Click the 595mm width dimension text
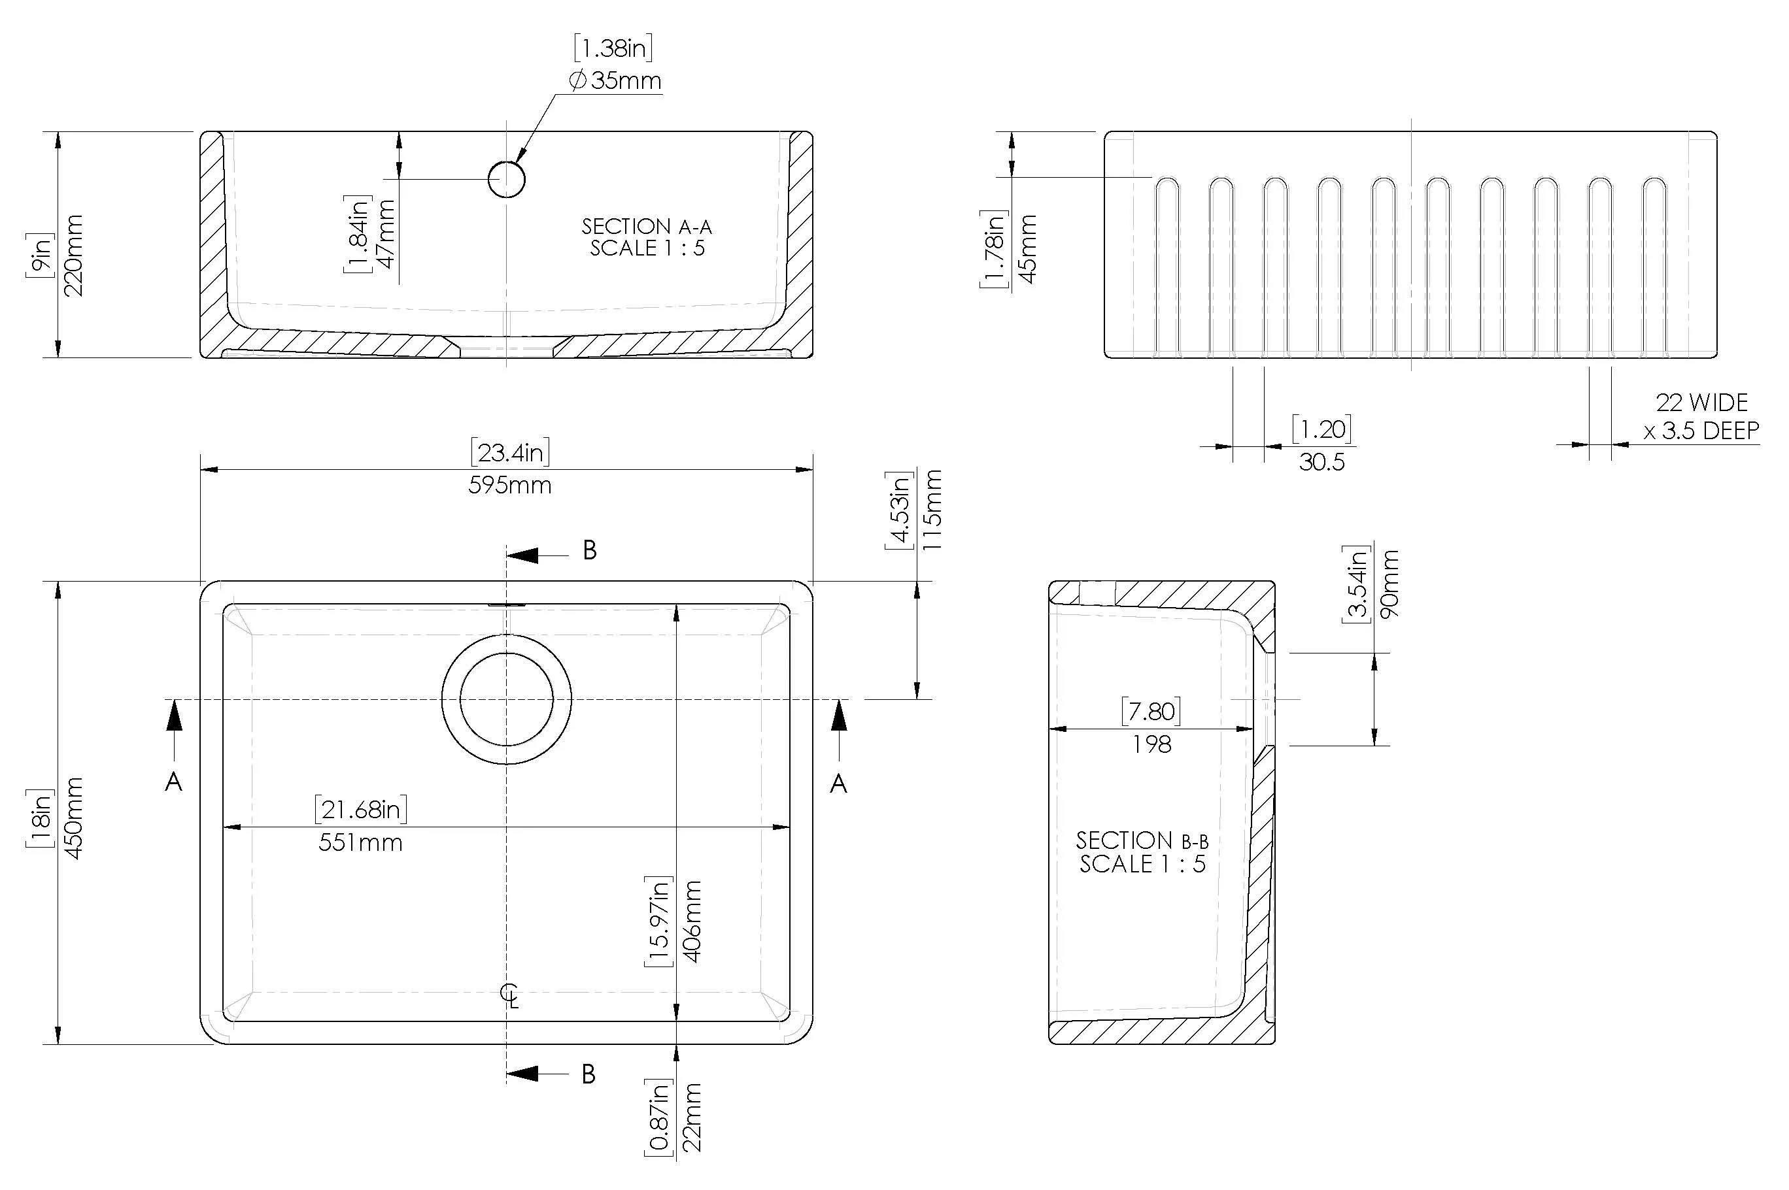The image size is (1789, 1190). coord(509,485)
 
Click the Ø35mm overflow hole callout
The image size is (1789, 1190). coord(615,80)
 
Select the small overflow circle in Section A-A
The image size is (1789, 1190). coord(505,180)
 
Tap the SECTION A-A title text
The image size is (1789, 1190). coord(646,237)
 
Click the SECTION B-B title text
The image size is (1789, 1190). coord(1141,852)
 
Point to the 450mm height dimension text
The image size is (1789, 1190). coord(75,818)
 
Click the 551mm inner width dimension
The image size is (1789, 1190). coord(360,842)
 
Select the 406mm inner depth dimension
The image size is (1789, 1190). coord(692,921)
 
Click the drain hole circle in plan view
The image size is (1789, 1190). coord(505,699)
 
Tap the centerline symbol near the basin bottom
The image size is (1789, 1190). coord(509,994)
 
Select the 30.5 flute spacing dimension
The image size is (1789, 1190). coord(1321,461)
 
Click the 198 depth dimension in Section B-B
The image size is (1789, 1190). coord(1151,744)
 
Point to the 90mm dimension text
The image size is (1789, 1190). coord(1389,584)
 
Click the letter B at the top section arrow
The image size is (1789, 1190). coord(589,550)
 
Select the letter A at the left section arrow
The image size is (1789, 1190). coord(173,782)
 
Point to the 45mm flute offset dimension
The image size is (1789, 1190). coord(1028,248)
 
